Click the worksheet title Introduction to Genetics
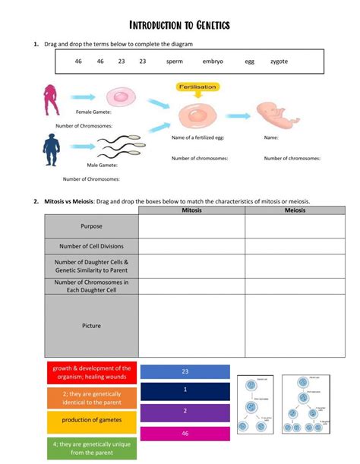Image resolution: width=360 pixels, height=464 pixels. (180, 26)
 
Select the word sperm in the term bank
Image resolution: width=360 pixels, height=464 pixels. (174, 61)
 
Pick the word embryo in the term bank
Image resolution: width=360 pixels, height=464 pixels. (213, 61)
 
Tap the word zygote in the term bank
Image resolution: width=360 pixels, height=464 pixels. (279, 61)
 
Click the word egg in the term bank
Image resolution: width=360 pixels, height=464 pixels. (249, 61)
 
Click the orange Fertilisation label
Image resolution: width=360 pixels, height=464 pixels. (197, 87)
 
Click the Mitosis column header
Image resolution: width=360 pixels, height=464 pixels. (191, 210)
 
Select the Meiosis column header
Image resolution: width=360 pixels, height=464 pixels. (295, 210)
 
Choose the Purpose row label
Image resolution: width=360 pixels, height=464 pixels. (91, 226)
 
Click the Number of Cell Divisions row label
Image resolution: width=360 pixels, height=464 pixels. (91, 246)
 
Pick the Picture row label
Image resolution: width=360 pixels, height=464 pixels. (91, 326)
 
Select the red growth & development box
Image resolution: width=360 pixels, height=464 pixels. (91, 373)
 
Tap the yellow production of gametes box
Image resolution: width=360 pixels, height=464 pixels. (91, 421)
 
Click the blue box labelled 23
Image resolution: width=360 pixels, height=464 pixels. (185, 372)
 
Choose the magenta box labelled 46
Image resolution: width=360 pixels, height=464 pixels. (185, 433)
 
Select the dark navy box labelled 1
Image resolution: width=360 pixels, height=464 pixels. (185, 390)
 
